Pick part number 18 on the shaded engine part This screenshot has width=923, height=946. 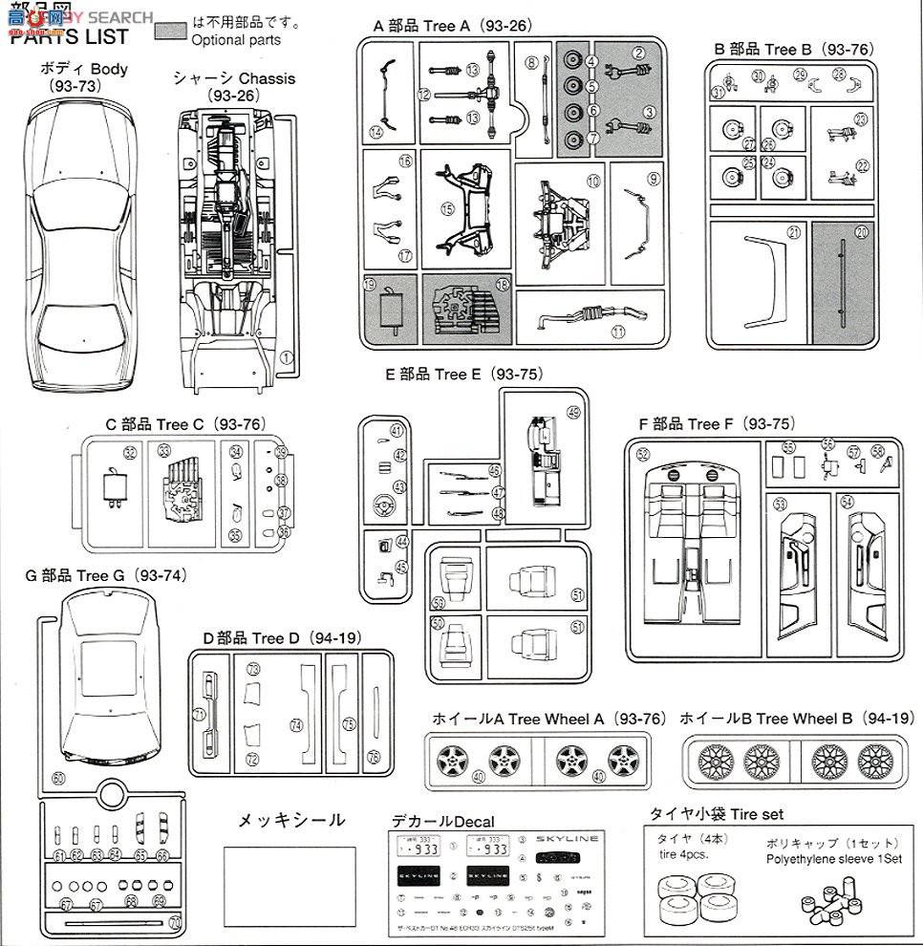click(502, 284)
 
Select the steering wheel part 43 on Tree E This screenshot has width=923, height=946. click(399, 487)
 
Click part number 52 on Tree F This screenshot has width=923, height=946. click(643, 454)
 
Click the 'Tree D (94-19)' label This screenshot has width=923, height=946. click(277, 637)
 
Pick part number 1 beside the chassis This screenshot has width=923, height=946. click(286, 357)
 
